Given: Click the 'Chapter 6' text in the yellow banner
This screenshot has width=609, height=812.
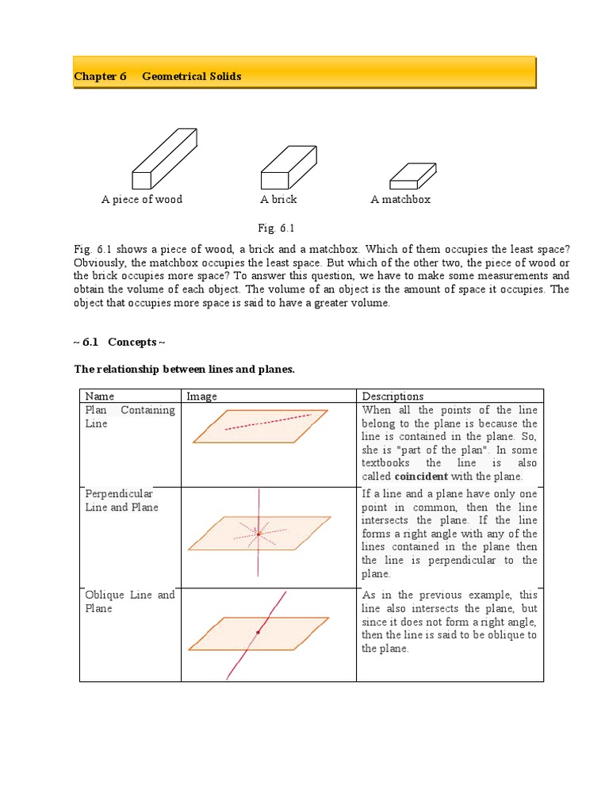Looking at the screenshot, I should point(100,77).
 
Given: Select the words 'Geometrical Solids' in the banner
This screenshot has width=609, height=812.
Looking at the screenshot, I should point(192,77).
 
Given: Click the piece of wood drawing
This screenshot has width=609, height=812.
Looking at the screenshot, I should point(164,159).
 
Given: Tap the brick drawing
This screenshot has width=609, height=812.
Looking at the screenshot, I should point(288,167).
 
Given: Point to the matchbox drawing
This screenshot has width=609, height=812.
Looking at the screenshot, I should point(412,175).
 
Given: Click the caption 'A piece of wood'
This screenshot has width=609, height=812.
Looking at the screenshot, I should point(142,200).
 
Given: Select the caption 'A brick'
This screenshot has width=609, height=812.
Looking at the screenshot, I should point(278,200).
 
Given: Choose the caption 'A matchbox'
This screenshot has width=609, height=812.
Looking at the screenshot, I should point(400,200).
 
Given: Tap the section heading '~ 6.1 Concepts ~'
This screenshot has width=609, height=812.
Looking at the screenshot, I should point(120,342).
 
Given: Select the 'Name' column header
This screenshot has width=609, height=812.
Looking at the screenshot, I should point(100,396).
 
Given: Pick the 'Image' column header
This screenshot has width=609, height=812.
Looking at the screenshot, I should point(201,396).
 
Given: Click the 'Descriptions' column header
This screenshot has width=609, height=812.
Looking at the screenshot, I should point(393,396).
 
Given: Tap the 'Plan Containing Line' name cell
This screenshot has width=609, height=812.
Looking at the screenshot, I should point(130,417).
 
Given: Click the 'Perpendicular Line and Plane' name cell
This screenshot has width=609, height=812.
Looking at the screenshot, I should point(121,500).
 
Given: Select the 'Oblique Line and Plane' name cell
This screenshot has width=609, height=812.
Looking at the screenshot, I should point(130,602).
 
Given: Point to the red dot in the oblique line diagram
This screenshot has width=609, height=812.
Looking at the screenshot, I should point(258,632).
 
